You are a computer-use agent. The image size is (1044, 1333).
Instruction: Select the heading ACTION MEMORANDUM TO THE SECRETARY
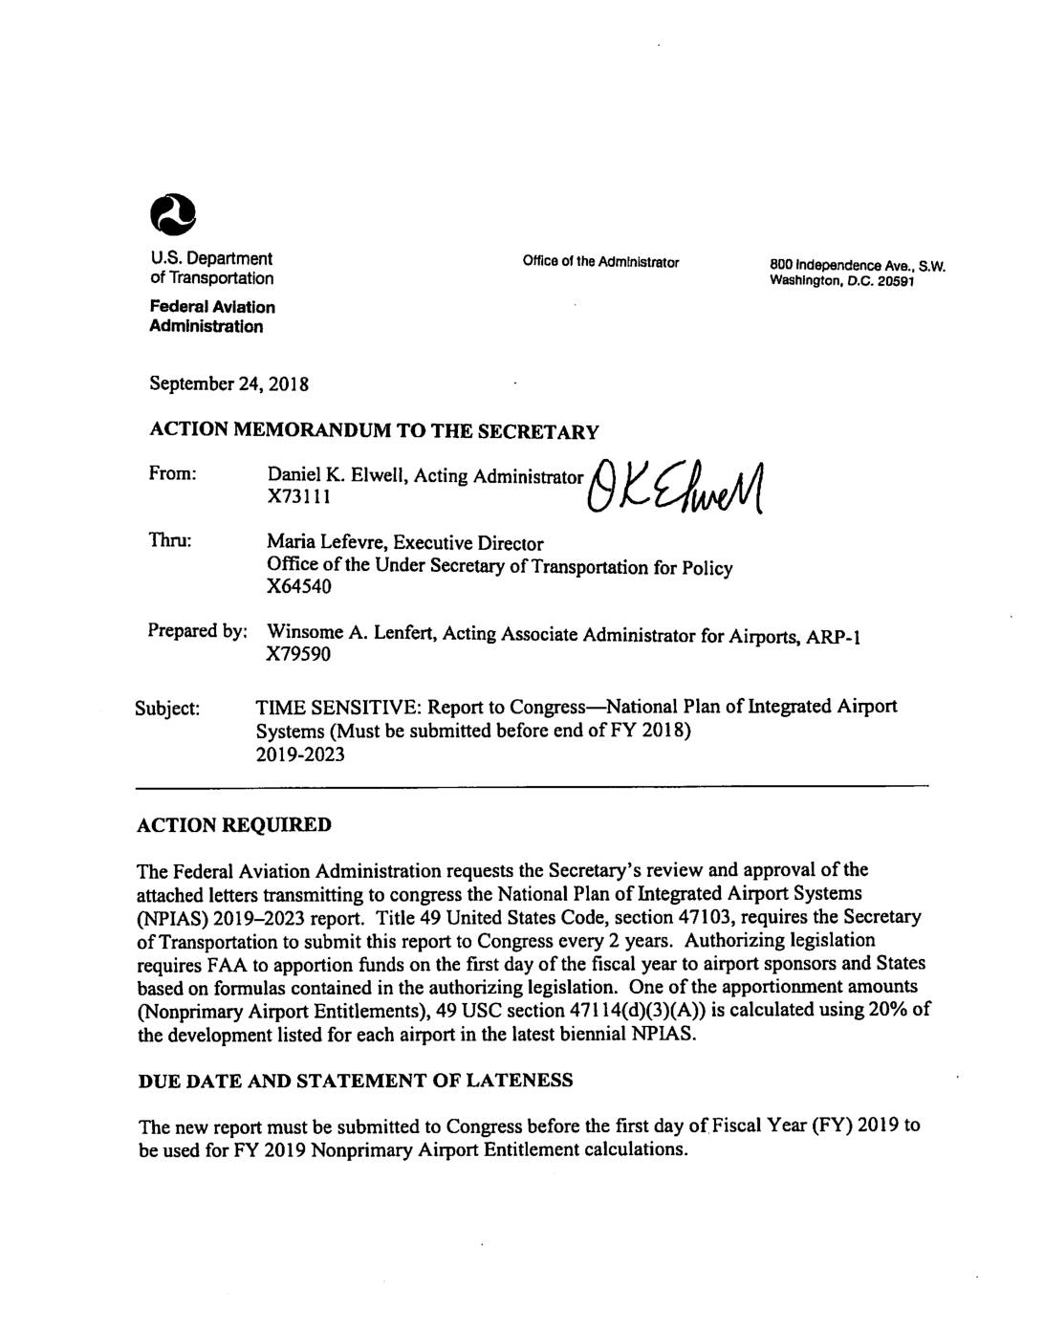click(x=374, y=431)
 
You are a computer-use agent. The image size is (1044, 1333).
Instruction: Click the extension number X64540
click(x=299, y=587)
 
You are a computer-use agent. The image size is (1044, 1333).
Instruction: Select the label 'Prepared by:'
click(x=198, y=631)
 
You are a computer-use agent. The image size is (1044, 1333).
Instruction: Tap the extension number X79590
click(x=299, y=656)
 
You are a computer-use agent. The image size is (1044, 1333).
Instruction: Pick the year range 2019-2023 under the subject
click(x=300, y=754)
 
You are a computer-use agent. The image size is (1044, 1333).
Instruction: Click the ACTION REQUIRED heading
click(x=234, y=824)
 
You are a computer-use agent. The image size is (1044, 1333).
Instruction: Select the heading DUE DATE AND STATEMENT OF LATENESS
click(x=356, y=1081)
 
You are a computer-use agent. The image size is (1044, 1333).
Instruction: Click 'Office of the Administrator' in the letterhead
click(x=600, y=262)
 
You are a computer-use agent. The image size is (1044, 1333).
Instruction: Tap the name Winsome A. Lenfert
click(x=348, y=633)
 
